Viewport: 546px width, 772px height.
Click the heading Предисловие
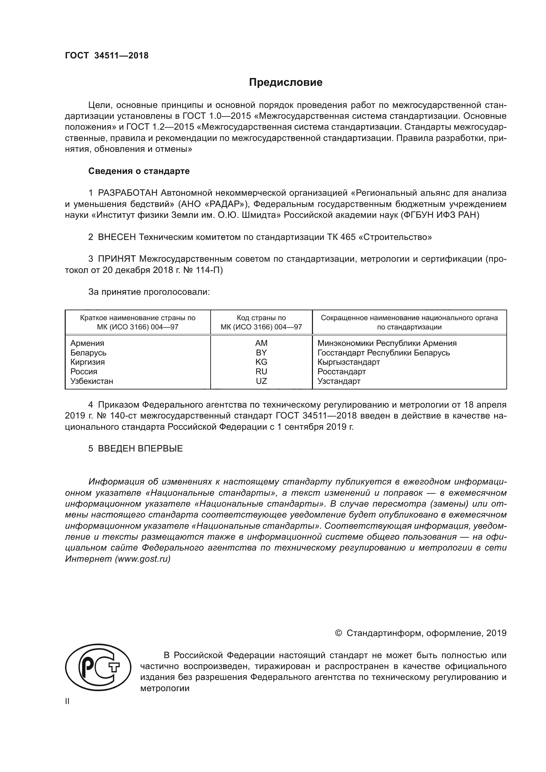click(x=286, y=83)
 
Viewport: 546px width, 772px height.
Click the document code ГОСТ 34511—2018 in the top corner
click(x=107, y=56)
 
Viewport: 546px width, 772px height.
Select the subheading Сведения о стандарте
click(x=139, y=171)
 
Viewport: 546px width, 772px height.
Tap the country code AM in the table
click(x=261, y=343)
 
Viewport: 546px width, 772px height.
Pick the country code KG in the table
click(x=261, y=362)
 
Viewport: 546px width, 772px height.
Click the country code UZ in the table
click(x=261, y=381)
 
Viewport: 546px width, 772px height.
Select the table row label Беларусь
click(x=88, y=353)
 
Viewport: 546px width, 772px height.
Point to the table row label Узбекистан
click(x=91, y=381)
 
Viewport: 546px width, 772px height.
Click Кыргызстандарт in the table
click(x=348, y=362)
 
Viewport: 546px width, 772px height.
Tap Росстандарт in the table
click(x=341, y=372)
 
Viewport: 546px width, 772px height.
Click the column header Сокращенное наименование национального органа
click(x=409, y=318)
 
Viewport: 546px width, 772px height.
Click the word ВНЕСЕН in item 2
click(x=117, y=237)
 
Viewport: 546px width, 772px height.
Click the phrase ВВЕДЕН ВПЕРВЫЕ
click(x=140, y=449)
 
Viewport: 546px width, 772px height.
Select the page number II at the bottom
click(x=67, y=701)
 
